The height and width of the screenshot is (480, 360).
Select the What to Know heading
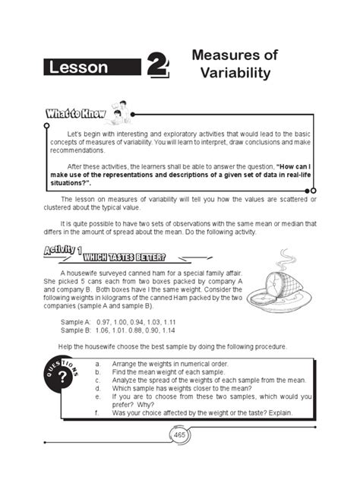click(x=67, y=115)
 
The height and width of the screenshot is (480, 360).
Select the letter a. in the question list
click(x=98, y=363)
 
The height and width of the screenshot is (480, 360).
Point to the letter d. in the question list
click(x=98, y=387)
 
